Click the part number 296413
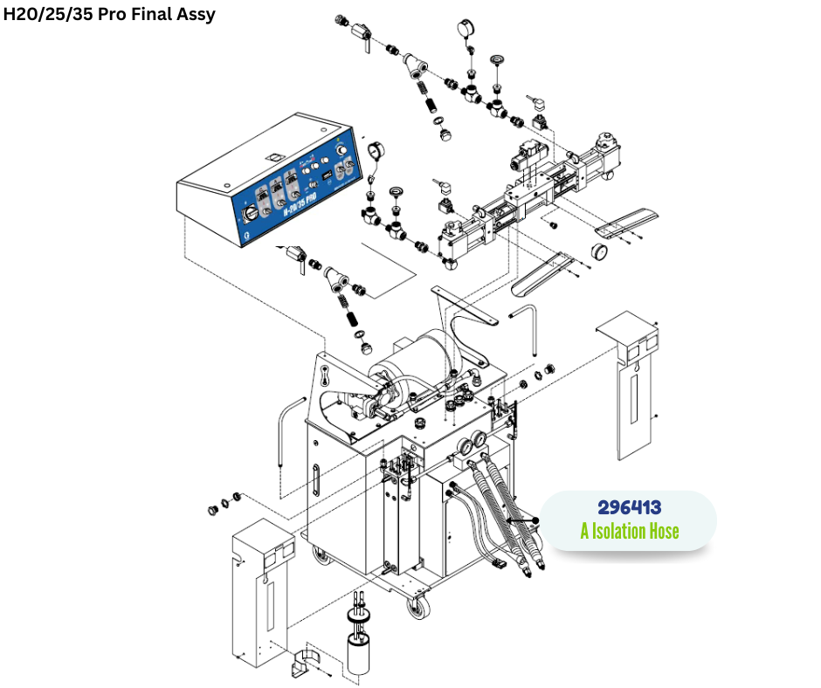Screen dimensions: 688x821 click(629, 507)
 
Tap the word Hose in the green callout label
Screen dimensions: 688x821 click(660, 531)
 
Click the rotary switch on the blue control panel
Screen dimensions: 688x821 click(251, 211)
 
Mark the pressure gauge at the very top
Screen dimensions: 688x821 click(463, 31)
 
